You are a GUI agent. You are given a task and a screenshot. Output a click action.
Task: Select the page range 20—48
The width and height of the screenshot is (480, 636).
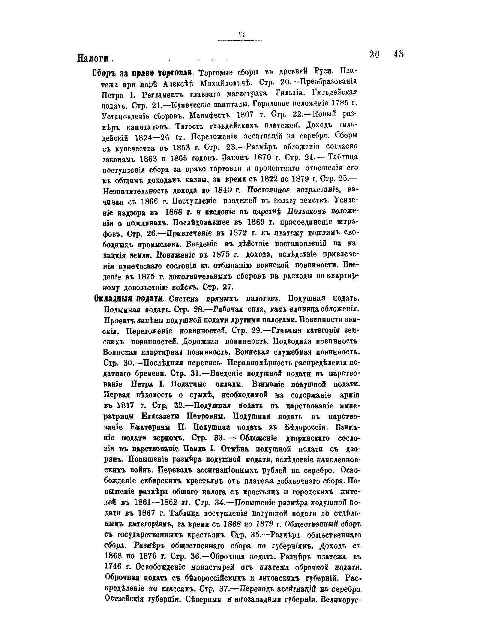click(x=386, y=54)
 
